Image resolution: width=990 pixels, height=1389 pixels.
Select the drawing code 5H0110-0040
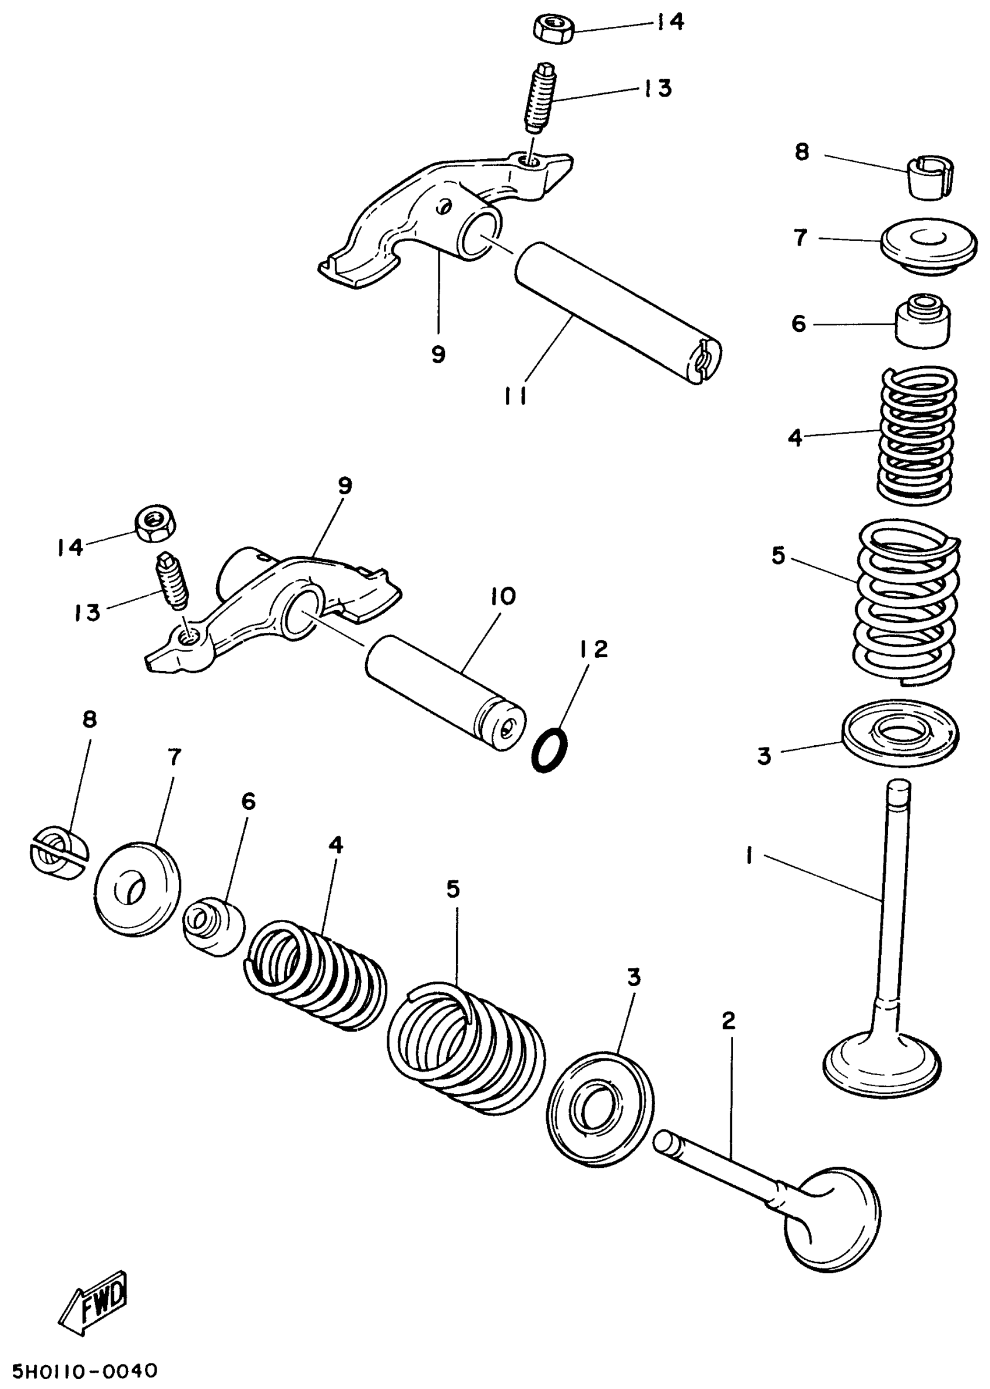coord(86,1370)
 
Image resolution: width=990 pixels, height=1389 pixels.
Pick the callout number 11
coord(516,395)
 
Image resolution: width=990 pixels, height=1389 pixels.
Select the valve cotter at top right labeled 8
coord(929,179)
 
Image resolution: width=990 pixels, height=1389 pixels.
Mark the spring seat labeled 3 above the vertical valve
coord(900,734)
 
